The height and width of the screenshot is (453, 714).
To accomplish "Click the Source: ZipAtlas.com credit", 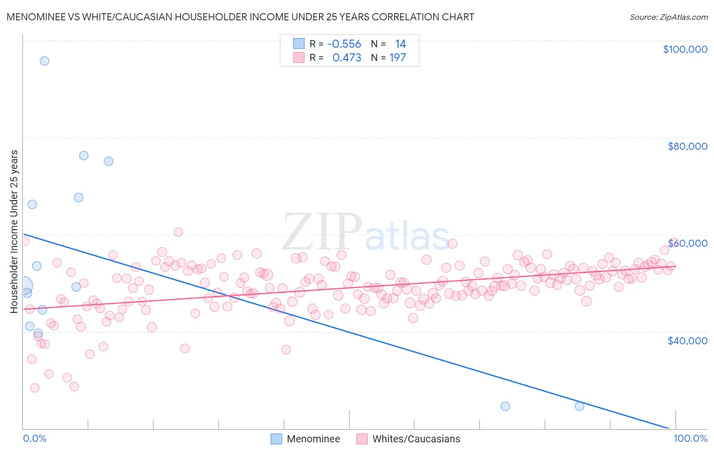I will [668, 17].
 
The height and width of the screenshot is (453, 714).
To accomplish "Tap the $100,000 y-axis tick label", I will [685, 49].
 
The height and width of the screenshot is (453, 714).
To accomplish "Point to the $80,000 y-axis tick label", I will [687, 146].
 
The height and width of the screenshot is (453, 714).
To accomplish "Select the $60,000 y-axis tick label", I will [687, 243].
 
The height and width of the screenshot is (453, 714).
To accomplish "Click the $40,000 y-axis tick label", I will [687, 340].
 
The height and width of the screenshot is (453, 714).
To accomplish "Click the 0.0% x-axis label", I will [35, 438].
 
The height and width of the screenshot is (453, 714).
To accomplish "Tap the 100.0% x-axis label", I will [690, 438].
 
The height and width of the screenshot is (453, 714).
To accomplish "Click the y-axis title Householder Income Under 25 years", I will [14, 231].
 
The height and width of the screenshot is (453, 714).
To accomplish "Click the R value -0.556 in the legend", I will [344, 44].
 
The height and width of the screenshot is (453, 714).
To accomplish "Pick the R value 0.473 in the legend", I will [346, 58].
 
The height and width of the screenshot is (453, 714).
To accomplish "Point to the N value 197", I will [398, 58].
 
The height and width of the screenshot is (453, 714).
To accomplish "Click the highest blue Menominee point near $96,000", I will [44, 61].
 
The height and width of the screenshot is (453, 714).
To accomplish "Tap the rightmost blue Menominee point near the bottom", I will [579, 406].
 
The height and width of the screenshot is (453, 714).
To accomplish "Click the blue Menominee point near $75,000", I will [108, 161].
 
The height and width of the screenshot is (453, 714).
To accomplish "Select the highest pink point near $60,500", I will [178, 232].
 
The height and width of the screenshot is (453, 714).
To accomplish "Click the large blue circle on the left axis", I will [24, 286].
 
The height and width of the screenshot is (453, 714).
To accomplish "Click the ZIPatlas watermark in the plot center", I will [366, 233].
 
